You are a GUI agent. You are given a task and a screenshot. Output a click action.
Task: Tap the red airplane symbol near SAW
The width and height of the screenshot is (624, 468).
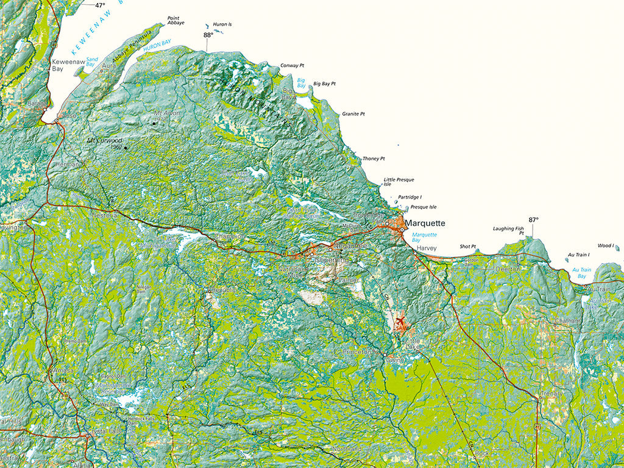pos(400,320)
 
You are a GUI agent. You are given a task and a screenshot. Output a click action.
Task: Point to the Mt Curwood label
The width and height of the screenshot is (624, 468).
pos(104,141)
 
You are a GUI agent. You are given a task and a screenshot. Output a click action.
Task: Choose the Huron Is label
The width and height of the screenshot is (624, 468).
pos(222,25)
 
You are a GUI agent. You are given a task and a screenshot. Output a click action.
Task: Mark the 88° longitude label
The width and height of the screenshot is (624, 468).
pos(208,35)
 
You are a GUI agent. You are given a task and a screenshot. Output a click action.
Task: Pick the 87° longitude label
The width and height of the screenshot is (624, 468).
pos(534,220)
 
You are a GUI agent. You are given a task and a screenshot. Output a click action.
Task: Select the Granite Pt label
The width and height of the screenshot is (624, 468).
pos(353,113)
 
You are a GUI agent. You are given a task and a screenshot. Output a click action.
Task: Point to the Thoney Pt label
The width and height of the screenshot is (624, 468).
pos(374,158)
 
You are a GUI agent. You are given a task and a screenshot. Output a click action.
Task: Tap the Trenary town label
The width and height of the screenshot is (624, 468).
pos(552,394)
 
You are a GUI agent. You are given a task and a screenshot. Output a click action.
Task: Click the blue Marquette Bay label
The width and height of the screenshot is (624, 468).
pos(424,238)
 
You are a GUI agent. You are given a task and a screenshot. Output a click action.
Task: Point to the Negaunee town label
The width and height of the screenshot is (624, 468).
pos(352,245)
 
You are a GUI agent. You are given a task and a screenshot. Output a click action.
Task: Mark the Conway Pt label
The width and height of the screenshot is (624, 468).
pos(292,65)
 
